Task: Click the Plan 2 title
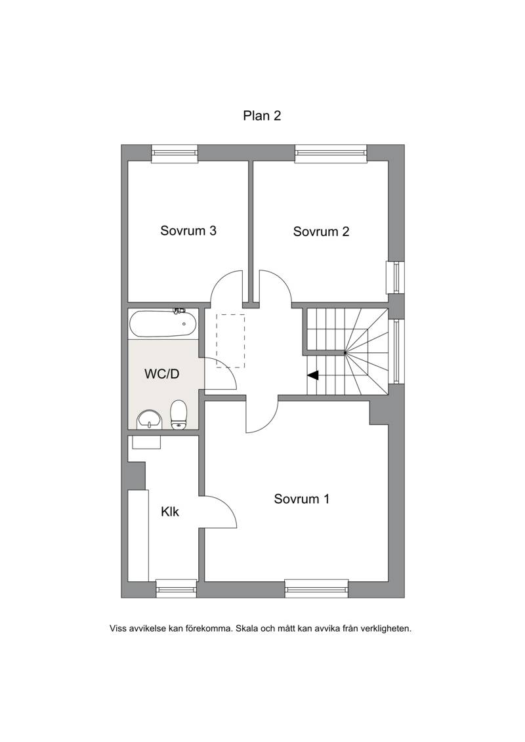pyautogui.click(x=262, y=115)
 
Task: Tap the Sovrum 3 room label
pyautogui.click(x=188, y=230)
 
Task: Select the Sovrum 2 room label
pyautogui.click(x=321, y=232)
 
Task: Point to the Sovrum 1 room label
pyautogui.click(x=302, y=499)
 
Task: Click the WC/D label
pyautogui.click(x=162, y=374)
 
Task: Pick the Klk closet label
pyautogui.click(x=170, y=512)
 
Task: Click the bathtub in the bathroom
pyautogui.click(x=163, y=323)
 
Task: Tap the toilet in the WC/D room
pyautogui.click(x=178, y=415)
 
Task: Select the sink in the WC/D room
pyautogui.click(x=149, y=420)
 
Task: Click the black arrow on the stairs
pyautogui.click(x=313, y=375)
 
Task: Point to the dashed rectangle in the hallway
pyautogui.click(x=230, y=340)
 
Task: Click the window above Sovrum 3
pyautogui.click(x=174, y=153)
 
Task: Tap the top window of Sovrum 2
pyautogui.click(x=331, y=153)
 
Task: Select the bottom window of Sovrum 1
pyautogui.click(x=317, y=588)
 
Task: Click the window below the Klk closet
pyautogui.click(x=177, y=588)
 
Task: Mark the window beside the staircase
pyautogui.click(x=397, y=350)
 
